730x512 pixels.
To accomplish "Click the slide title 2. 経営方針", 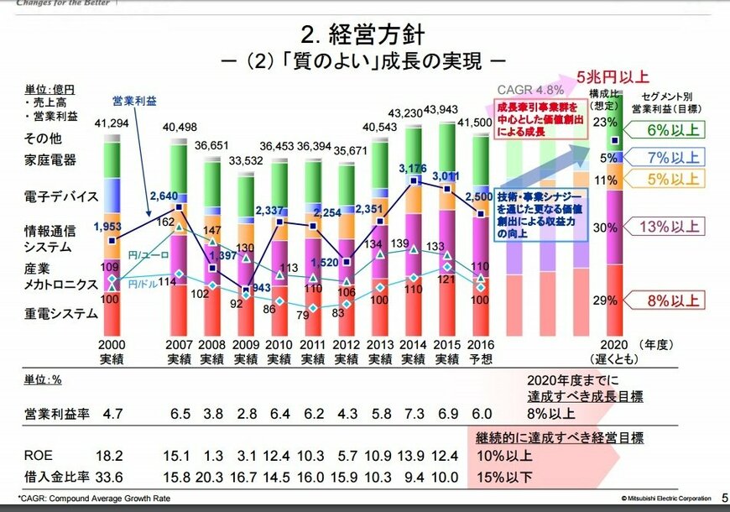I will coord(362,35).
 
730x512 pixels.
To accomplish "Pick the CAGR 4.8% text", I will coord(530,89).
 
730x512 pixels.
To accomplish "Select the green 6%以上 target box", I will coord(675,129).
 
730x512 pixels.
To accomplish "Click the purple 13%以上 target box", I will coord(675,226).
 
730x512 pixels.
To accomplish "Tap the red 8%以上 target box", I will coord(675,300).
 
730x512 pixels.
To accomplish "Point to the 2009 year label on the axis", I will coord(245,345).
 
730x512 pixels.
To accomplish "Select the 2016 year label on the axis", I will coord(480,345).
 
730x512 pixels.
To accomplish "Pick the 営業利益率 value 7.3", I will coord(413,414).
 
